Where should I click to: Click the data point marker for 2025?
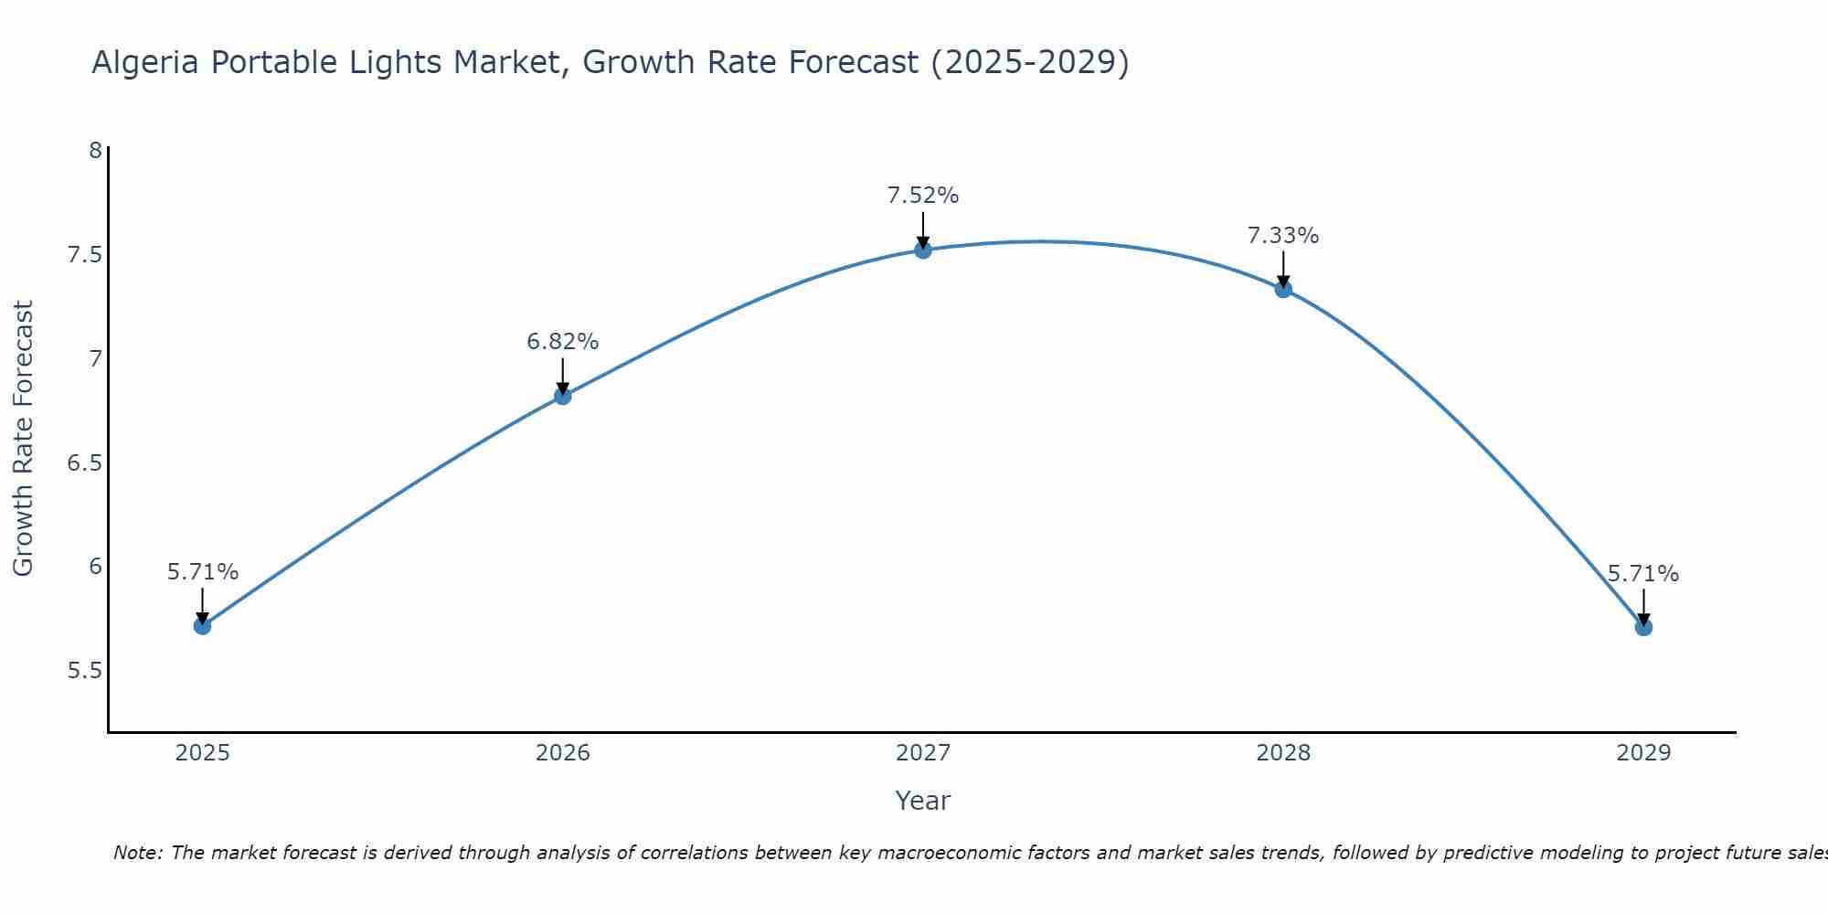(x=202, y=626)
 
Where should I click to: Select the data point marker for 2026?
(x=563, y=396)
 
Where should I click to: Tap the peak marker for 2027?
(x=923, y=250)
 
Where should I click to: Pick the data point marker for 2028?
(x=1283, y=290)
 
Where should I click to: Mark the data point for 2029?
(x=1643, y=627)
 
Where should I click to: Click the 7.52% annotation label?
(x=923, y=196)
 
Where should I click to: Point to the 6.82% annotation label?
(x=563, y=342)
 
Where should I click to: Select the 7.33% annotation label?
(x=1283, y=236)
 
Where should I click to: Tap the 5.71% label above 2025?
(x=203, y=572)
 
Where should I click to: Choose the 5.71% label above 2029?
(x=1643, y=574)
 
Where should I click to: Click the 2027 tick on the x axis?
(x=923, y=753)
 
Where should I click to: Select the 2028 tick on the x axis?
(x=1283, y=753)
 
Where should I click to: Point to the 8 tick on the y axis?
(x=95, y=150)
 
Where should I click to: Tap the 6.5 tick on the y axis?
(x=84, y=463)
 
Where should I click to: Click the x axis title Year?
(x=923, y=801)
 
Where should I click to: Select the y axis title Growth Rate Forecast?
(x=23, y=439)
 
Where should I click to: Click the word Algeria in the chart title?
(x=145, y=63)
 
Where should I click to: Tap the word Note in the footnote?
(x=137, y=853)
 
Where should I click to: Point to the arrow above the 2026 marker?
(x=563, y=375)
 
